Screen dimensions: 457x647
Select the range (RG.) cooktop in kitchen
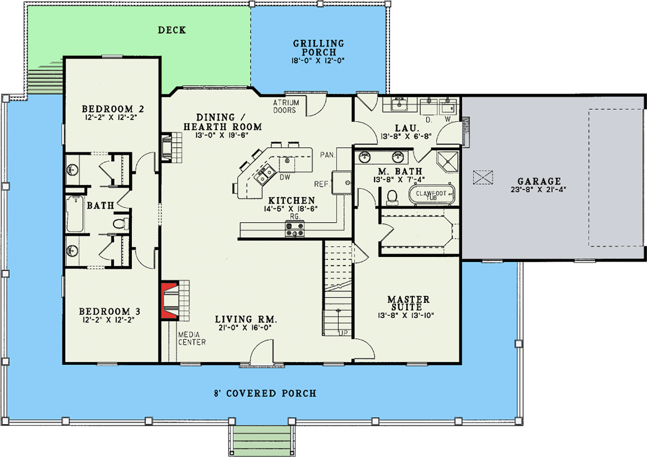[x=294, y=230]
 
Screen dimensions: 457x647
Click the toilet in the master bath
[x=392, y=197]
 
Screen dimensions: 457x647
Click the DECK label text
[x=172, y=30]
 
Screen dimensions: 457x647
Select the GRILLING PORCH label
[x=319, y=47]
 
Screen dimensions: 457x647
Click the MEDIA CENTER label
[x=191, y=338]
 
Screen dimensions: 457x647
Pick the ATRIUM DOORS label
[x=284, y=106]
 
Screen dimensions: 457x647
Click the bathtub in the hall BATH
[x=75, y=214]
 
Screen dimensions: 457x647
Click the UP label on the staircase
[x=343, y=332]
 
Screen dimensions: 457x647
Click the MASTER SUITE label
[x=408, y=303]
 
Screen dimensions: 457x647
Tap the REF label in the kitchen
[x=320, y=184]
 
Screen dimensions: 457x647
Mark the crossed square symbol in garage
[x=483, y=178]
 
